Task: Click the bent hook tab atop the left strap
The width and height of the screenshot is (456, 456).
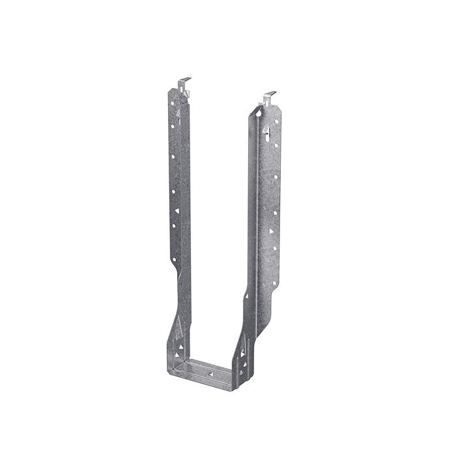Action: (x=184, y=83)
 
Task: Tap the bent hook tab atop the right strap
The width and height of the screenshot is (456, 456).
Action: (x=270, y=98)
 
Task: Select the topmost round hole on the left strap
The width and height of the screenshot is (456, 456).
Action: (x=173, y=103)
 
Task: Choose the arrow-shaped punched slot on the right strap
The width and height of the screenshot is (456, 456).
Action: (x=268, y=134)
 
